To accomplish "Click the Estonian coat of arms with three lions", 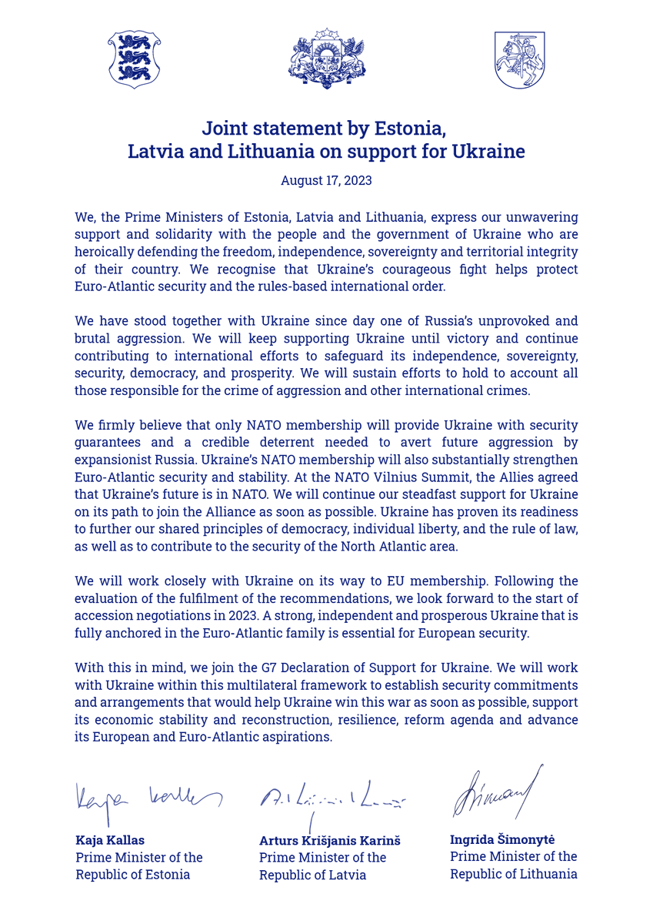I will [134, 59].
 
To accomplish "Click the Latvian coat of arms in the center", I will [326, 59].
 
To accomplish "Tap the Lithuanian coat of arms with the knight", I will [519, 59].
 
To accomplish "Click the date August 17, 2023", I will [326, 181].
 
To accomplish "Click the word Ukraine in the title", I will [488, 152].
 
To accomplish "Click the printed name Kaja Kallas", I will [110, 839].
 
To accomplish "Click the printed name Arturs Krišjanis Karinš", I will [329, 841].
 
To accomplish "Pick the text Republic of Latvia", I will [312, 875].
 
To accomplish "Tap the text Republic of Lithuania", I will [513, 874].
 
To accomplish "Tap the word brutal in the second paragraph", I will [92, 339].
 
